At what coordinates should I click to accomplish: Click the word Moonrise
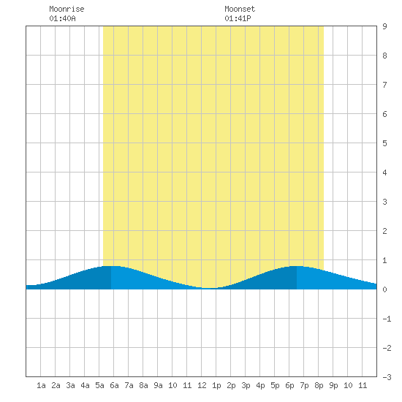pyautogui.click(x=67, y=9)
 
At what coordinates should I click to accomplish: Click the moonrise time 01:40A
pyautogui.click(x=62, y=18)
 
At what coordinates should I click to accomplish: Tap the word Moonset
pyautogui.click(x=240, y=9)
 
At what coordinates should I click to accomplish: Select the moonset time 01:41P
pyautogui.click(x=238, y=18)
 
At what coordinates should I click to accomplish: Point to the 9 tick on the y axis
pyautogui.click(x=384, y=26)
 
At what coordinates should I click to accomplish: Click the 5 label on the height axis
pyautogui.click(x=384, y=143)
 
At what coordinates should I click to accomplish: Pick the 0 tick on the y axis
pyautogui.click(x=384, y=289)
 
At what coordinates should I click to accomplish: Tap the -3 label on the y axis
pyautogui.click(x=387, y=377)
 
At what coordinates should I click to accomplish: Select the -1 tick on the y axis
pyautogui.click(x=387, y=319)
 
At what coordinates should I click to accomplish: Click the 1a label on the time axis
pyautogui.click(x=41, y=385)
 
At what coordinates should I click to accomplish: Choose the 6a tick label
pyautogui.click(x=114, y=385)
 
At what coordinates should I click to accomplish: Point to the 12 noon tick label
pyautogui.click(x=202, y=385)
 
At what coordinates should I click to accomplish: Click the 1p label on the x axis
pyautogui.click(x=216, y=385)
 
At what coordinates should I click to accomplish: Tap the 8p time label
pyautogui.click(x=319, y=385)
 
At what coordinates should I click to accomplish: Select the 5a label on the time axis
pyautogui.click(x=99, y=385)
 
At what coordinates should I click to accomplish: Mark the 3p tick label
pyautogui.click(x=246, y=385)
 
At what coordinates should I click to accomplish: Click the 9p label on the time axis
pyautogui.click(x=333, y=385)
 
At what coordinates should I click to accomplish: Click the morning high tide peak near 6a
pyautogui.click(x=111, y=266)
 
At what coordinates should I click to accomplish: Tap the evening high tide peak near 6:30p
pyautogui.click(x=297, y=266)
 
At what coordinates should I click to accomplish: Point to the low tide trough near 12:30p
pyautogui.click(x=209, y=288)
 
